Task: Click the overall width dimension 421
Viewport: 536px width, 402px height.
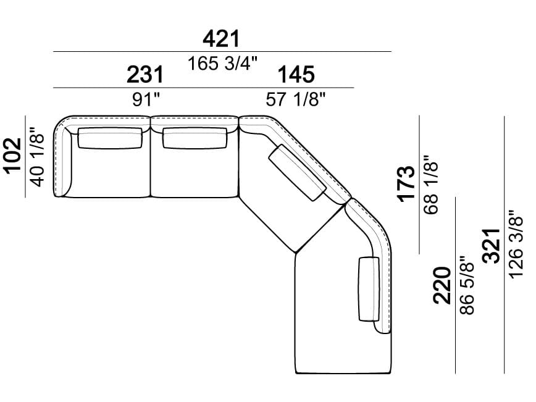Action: tap(221, 39)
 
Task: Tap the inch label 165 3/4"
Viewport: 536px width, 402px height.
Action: tap(222, 63)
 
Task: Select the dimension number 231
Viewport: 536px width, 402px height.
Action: tap(146, 75)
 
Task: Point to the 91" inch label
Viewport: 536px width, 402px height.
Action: tap(146, 99)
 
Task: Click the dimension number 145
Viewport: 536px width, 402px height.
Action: tap(296, 75)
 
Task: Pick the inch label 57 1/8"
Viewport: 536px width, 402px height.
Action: tap(296, 99)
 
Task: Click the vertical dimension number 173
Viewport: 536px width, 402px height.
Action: tap(406, 183)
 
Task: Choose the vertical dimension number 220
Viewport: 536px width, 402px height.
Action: tap(442, 285)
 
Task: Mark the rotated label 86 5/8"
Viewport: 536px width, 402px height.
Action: tap(467, 287)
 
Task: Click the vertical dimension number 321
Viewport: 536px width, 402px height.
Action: tap(491, 246)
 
